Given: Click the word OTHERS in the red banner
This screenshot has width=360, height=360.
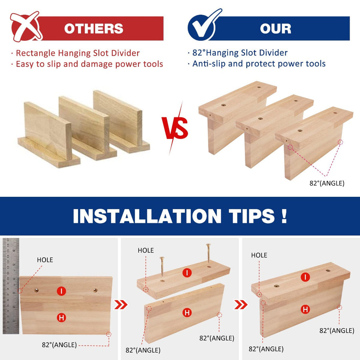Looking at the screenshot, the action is (94, 29).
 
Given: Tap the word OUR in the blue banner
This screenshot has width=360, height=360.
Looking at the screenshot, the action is (276, 29).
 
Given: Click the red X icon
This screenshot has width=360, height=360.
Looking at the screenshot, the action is (26, 27).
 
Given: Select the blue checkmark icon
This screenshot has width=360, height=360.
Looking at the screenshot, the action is (204, 25).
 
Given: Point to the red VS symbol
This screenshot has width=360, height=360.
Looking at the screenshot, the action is (175, 128).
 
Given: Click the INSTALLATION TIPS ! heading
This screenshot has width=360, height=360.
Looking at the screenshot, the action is (180, 216).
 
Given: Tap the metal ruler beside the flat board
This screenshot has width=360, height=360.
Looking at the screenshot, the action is (11, 286).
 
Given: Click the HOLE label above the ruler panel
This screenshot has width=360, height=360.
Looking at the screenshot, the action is (45, 260).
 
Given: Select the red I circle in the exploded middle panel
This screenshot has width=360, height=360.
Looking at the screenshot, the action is (187, 273).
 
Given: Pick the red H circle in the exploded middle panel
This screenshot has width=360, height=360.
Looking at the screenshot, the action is (187, 312).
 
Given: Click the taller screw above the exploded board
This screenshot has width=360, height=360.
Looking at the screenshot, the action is (208, 253).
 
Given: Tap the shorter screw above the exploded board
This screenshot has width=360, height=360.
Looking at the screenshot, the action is (162, 266).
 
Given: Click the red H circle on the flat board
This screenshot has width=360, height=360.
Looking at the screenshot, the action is (61, 318).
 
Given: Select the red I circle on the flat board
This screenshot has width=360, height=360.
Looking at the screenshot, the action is (61, 291).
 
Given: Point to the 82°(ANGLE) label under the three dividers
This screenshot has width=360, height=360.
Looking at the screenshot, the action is (327, 183).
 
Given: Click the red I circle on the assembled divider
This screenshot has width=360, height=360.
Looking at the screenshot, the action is (305, 277).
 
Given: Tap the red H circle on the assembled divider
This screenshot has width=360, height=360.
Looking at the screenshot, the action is (305, 310).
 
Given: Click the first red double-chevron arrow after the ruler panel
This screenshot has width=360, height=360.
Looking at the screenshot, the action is (121, 305).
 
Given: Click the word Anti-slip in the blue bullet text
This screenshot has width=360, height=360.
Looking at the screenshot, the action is (209, 64).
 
